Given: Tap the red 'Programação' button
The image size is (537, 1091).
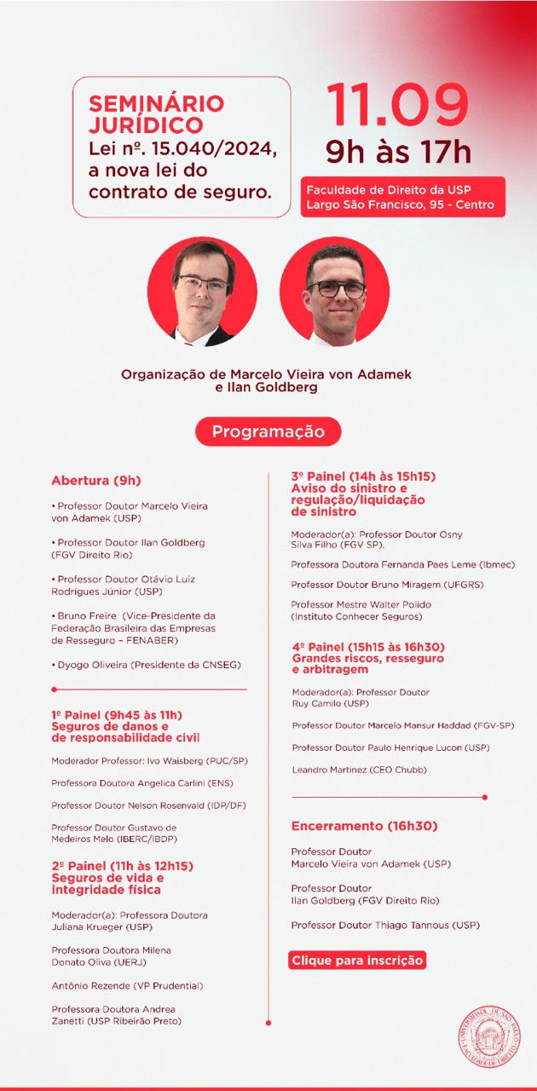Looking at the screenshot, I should (x=268, y=431).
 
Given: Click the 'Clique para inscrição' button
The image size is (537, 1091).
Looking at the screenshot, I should (x=357, y=960).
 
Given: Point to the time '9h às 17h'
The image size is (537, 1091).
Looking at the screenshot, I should (x=398, y=153).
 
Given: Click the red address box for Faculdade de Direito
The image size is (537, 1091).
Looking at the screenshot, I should (x=402, y=197).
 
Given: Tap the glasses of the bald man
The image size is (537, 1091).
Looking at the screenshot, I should (x=336, y=289).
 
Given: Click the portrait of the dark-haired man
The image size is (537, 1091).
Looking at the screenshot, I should (x=202, y=292).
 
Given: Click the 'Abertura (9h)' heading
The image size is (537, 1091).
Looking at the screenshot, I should (x=95, y=480).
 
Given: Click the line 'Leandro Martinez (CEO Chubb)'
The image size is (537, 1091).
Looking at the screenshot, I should (x=359, y=770).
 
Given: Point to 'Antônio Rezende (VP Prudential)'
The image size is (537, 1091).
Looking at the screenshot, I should (x=127, y=985).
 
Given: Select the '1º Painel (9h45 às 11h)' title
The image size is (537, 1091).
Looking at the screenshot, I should (x=117, y=714).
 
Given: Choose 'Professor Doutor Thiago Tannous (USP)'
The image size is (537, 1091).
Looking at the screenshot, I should (x=384, y=925).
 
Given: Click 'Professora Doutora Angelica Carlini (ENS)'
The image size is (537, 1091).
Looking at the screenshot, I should (x=141, y=782).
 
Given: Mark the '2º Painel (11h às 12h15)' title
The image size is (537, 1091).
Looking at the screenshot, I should (x=122, y=866).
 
